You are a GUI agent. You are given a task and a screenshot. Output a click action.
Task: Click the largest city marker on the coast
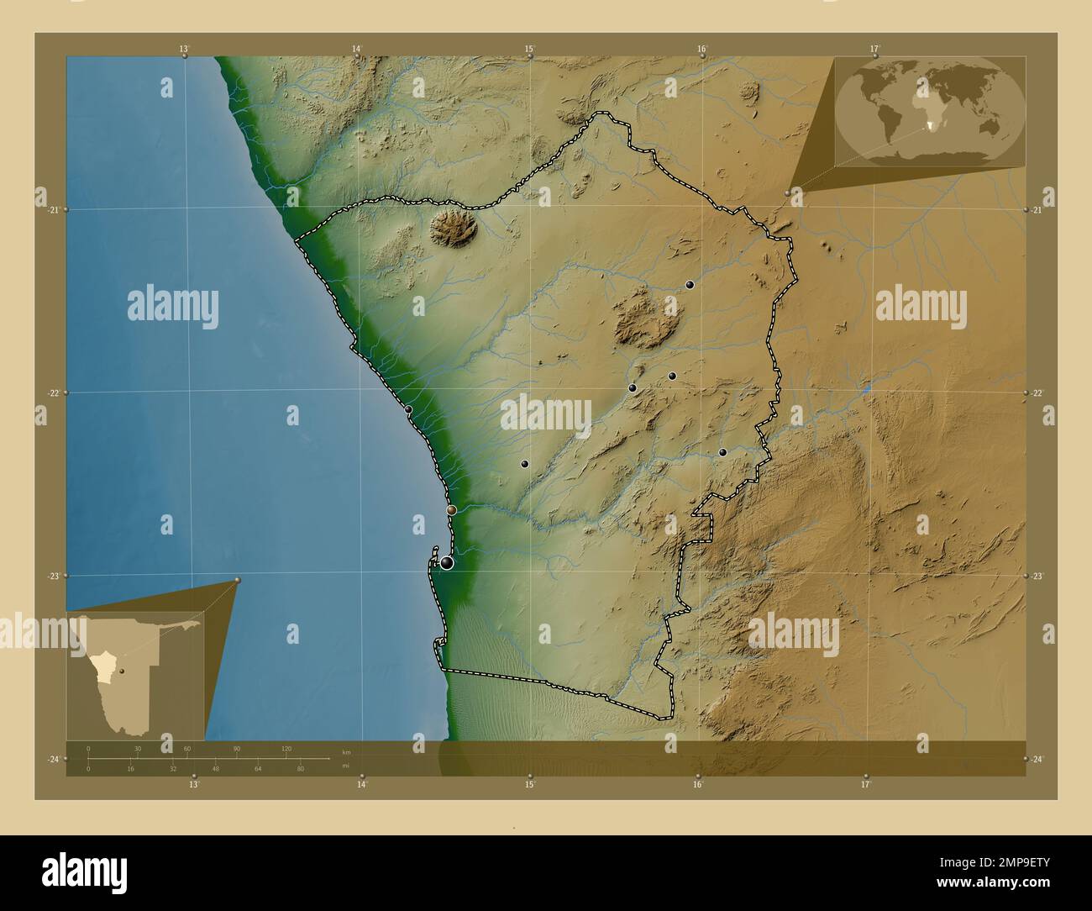pyautogui.click(x=447, y=562)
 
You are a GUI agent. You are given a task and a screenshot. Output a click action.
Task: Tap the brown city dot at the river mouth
pyautogui.click(x=451, y=509)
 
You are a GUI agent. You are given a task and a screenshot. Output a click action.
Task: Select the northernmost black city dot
pyautogui.click(x=690, y=285)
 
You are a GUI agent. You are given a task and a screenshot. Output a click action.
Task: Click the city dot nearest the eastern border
pyautogui.click(x=722, y=452)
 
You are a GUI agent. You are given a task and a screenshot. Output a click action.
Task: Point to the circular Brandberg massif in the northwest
pyautogui.click(x=454, y=228)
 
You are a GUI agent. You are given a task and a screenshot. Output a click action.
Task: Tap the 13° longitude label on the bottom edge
pyautogui.click(x=194, y=784)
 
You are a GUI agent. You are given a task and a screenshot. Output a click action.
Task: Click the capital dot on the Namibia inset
pyautogui.click(x=123, y=670)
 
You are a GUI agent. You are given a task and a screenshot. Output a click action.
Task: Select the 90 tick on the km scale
pyautogui.click(x=237, y=748)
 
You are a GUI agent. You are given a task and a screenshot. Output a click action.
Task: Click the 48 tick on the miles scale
pyautogui.click(x=216, y=768)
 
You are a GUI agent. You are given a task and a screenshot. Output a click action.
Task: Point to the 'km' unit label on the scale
pyautogui.click(x=346, y=750)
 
